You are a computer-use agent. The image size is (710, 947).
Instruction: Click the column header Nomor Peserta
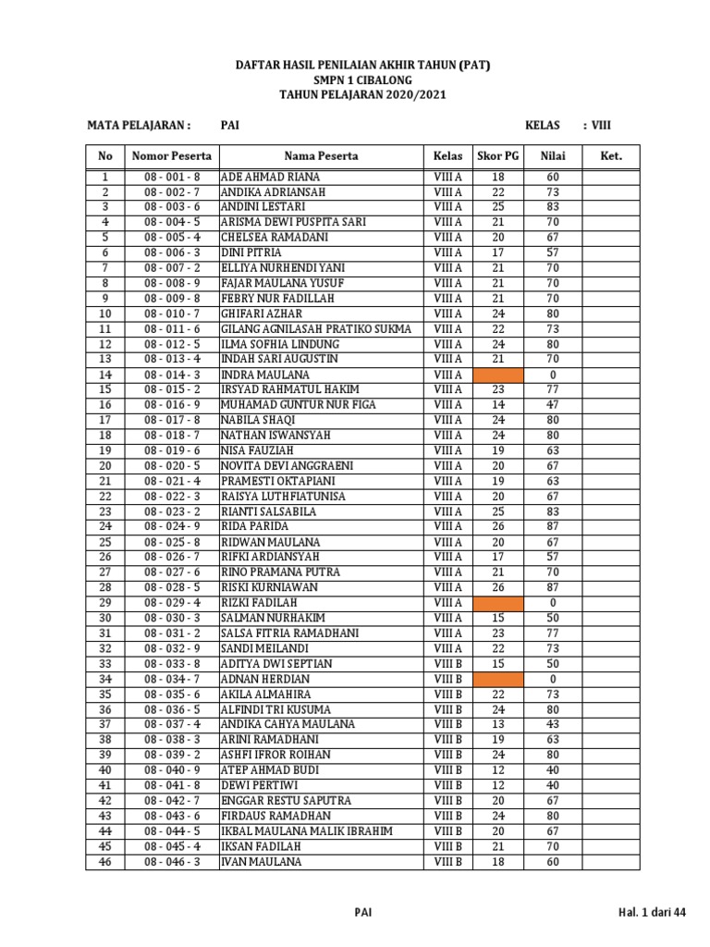click(x=171, y=156)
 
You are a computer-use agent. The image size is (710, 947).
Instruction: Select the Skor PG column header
click(x=498, y=156)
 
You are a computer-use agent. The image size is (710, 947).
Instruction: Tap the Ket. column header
click(x=611, y=156)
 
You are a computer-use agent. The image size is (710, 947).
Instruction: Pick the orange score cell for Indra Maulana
click(x=498, y=375)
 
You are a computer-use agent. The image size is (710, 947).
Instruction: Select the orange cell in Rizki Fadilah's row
click(x=498, y=603)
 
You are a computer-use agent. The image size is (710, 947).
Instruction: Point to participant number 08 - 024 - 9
click(x=171, y=527)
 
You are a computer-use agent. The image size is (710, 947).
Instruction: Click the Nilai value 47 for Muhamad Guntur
click(x=553, y=405)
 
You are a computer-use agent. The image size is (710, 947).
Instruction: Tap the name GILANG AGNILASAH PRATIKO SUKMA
click(x=316, y=329)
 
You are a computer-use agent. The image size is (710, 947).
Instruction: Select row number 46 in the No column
click(x=105, y=862)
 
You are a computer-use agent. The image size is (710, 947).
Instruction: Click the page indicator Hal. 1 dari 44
click(x=653, y=913)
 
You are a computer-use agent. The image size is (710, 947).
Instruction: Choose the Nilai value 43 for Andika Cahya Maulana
click(x=553, y=724)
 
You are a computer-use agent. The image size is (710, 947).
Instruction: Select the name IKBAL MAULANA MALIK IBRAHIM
click(x=307, y=831)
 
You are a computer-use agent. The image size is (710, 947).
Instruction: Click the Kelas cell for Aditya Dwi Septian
click(x=447, y=664)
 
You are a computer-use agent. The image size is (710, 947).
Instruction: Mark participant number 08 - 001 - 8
click(x=171, y=177)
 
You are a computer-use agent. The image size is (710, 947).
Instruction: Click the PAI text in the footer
click(x=363, y=913)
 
